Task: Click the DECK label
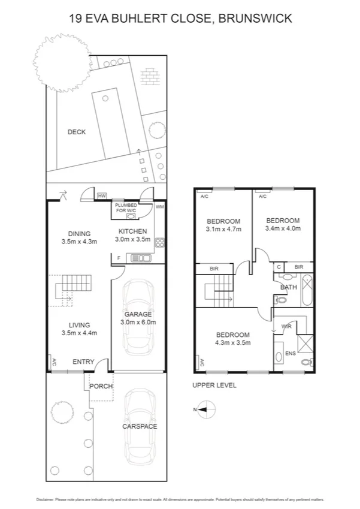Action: pos(76,132)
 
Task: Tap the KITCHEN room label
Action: pos(132,231)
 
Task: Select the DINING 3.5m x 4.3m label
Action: pos(80,238)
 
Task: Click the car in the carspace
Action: pos(140,424)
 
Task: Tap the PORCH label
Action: pos(101,386)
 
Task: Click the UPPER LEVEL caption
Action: pos(214,385)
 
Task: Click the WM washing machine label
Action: pos(159,207)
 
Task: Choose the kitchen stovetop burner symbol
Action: pos(160,243)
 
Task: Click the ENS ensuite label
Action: pos(290,353)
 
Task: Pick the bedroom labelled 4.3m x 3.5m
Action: pos(232,339)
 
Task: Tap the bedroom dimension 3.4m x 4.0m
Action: pos(283,228)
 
